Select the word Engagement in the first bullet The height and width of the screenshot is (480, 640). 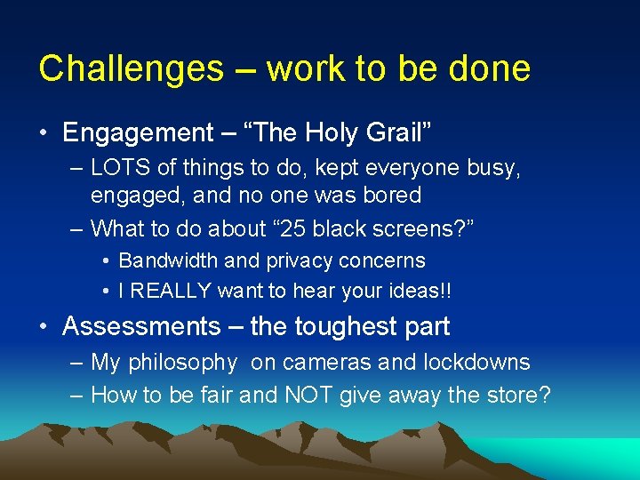pyautogui.click(x=138, y=134)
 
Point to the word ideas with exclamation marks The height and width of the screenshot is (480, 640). pyautogui.click(x=417, y=291)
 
